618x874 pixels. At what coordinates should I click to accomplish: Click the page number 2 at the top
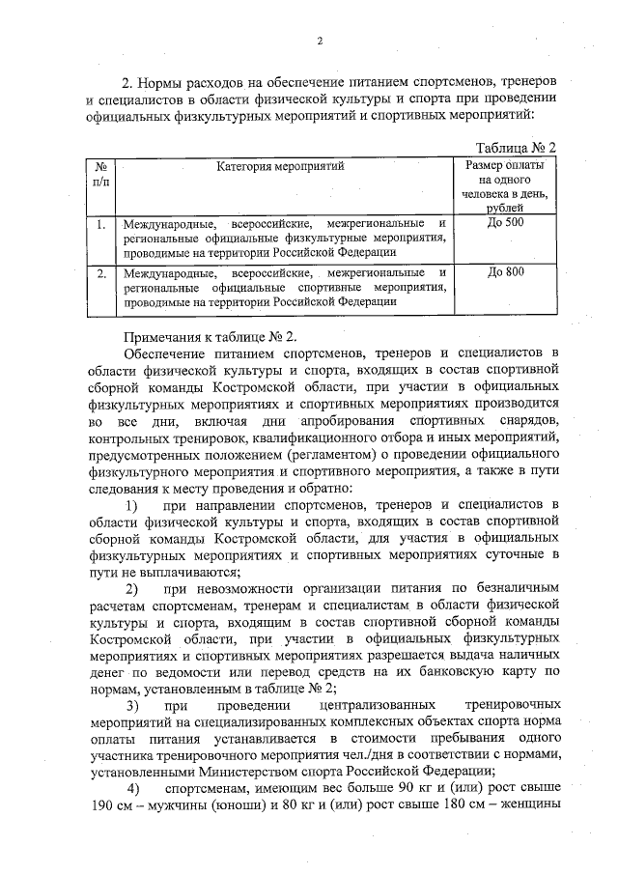(320, 41)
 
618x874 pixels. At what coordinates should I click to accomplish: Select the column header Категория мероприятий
(280, 165)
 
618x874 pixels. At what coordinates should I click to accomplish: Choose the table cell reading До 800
(506, 272)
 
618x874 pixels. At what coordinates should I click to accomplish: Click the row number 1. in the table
(100, 224)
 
